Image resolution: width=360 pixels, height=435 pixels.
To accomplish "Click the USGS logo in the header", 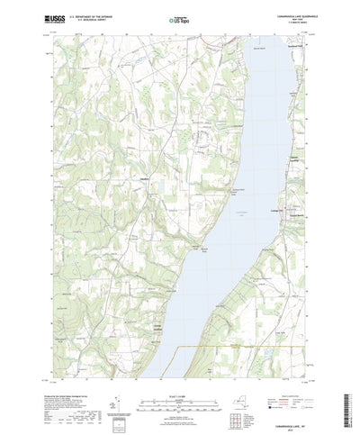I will (51, 17).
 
